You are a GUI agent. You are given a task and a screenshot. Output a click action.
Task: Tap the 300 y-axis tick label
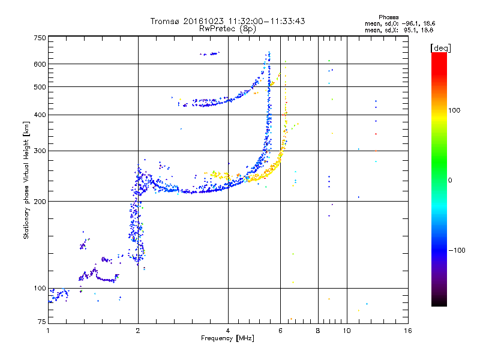point(40,151)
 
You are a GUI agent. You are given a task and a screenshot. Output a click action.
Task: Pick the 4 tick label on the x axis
point(228,331)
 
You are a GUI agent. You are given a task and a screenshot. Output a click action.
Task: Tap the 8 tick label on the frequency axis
point(318,331)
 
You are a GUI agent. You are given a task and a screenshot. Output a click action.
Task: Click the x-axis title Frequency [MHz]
point(228,338)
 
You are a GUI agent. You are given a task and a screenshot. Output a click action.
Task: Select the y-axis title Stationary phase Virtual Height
point(26,180)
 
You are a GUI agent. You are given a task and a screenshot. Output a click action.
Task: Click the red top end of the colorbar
point(439,55)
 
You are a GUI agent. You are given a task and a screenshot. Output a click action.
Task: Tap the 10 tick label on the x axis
point(347,331)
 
